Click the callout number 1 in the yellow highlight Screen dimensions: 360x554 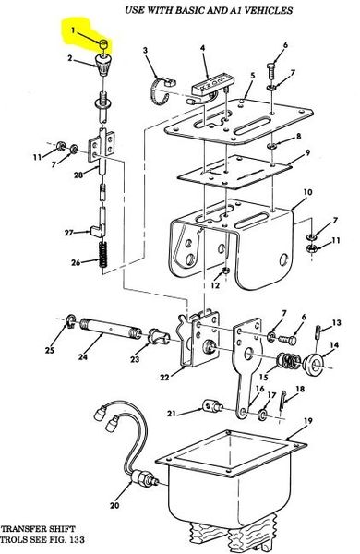coord(73,30)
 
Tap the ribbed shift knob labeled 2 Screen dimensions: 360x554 coord(102,65)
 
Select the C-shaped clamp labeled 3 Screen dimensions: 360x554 coord(162,90)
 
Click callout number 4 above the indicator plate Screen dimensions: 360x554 coord(203,48)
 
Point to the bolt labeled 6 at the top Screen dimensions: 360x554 coord(271,72)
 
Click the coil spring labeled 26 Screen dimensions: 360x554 coord(102,255)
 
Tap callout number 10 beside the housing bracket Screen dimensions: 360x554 coord(308,192)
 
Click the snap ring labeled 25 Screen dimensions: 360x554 coord(70,320)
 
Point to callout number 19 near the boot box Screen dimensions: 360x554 coord(308,421)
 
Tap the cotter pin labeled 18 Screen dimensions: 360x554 coord(283,401)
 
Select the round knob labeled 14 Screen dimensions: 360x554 coord(313,363)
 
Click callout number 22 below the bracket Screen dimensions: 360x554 coord(164,378)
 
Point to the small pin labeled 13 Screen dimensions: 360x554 coord(318,333)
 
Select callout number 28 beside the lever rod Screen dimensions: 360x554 coord(78,175)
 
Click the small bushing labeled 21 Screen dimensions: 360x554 coord(213,406)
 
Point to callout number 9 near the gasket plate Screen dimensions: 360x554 coord(308,152)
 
